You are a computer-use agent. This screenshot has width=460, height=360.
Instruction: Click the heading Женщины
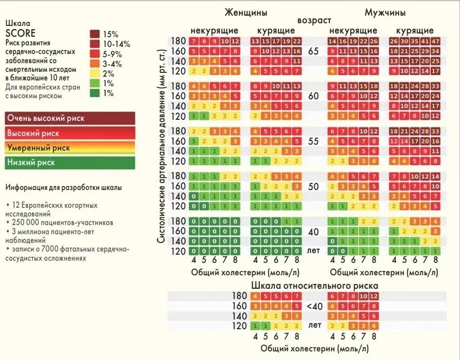point(246,12)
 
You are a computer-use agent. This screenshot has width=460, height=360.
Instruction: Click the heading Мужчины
point(385,12)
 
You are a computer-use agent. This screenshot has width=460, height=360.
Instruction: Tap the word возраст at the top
point(314,20)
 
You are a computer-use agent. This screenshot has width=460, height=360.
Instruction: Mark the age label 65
point(314,52)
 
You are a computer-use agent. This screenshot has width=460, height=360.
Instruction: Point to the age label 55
point(314,140)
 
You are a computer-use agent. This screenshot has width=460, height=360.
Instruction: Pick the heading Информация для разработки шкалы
point(64,187)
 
